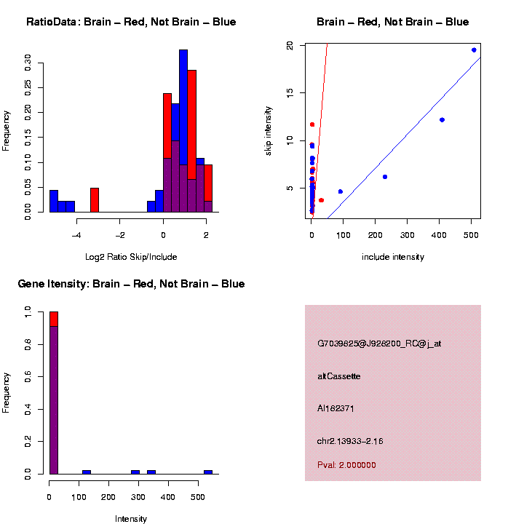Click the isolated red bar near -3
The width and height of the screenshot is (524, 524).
coord(95,199)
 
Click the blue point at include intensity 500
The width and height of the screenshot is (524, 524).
coord(474,50)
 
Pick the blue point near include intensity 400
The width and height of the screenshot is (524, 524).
coord(442,119)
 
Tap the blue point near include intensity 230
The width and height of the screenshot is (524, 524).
coord(385,177)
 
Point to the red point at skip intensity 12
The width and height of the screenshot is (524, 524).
coord(312,124)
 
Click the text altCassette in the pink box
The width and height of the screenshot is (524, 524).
coord(338,376)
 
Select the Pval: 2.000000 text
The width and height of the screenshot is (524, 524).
coord(346,465)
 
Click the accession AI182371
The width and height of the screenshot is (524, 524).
coord(336,408)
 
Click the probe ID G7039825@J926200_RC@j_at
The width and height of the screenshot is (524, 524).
coord(379,344)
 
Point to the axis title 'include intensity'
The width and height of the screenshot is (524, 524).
coord(392,257)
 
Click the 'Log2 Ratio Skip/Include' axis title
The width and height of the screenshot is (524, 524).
coord(130,257)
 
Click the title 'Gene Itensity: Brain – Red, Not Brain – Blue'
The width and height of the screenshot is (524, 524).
coord(131,284)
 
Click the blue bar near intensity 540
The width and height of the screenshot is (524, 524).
coord(207,472)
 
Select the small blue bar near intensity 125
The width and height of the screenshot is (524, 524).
coord(86,472)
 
